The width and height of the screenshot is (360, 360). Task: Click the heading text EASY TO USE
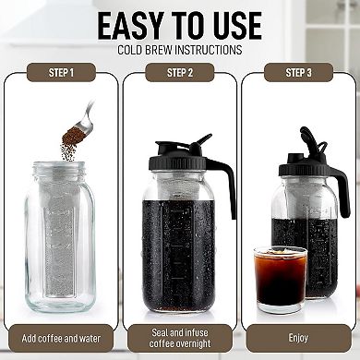179,24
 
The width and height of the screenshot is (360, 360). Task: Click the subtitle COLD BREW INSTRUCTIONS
179,49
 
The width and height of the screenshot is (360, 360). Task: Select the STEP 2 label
179,72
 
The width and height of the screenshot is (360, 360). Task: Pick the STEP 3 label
298,72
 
